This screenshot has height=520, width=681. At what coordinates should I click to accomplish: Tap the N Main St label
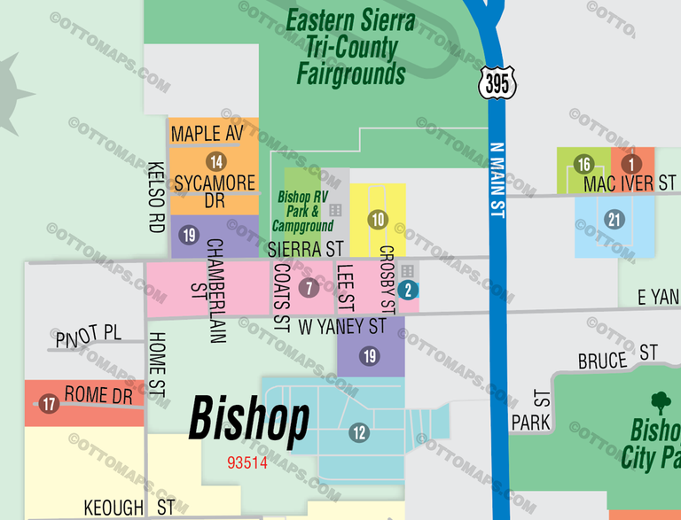coord(497,182)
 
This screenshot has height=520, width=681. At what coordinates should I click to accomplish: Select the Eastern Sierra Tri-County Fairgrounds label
coord(351,46)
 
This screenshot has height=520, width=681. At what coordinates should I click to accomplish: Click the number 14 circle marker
coord(215,161)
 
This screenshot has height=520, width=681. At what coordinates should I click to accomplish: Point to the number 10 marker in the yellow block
coord(379,220)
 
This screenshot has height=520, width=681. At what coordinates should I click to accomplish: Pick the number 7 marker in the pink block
coord(309,288)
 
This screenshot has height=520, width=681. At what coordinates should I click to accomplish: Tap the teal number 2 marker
coord(408,288)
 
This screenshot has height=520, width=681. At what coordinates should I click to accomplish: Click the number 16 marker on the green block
coord(583,165)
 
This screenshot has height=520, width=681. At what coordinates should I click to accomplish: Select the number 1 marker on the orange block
coord(631,164)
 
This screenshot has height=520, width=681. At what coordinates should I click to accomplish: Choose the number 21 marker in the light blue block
coord(615,220)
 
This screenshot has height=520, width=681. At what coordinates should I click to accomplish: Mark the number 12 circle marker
coord(359,432)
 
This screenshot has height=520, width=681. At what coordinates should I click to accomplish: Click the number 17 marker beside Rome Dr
coord(49,404)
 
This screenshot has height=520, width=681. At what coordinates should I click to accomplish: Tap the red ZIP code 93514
coord(247,462)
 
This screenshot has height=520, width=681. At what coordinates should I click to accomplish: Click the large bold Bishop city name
coord(249,419)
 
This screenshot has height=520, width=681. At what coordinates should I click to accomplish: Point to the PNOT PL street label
coord(88,335)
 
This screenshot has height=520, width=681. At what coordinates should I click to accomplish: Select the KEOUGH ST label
coord(129,508)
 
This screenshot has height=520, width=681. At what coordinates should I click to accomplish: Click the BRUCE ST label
coord(617,357)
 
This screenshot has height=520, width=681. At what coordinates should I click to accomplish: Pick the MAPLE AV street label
coord(207,134)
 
